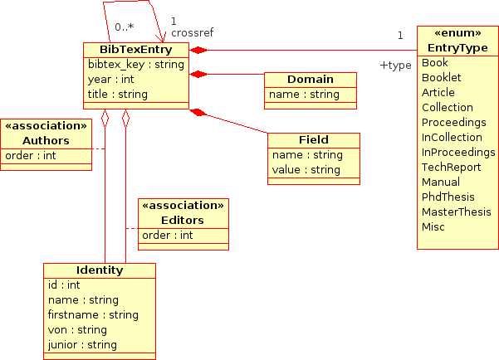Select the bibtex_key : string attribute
(x=135, y=65)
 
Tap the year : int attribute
(x=110, y=80)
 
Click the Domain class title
(x=311, y=80)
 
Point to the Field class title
(x=314, y=139)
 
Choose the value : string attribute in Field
(x=306, y=169)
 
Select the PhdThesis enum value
(x=448, y=197)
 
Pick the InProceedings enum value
(x=458, y=152)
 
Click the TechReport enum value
(x=452, y=167)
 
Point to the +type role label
(x=395, y=65)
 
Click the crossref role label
(x=192, y=33)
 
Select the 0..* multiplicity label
(x=124, y=27)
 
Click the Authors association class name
(x=46, y=140)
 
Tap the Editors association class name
(x=183, y=220)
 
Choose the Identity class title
(x=99, y=270)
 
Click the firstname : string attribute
(x=93, y=314)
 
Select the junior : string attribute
(x=82, y=344)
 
